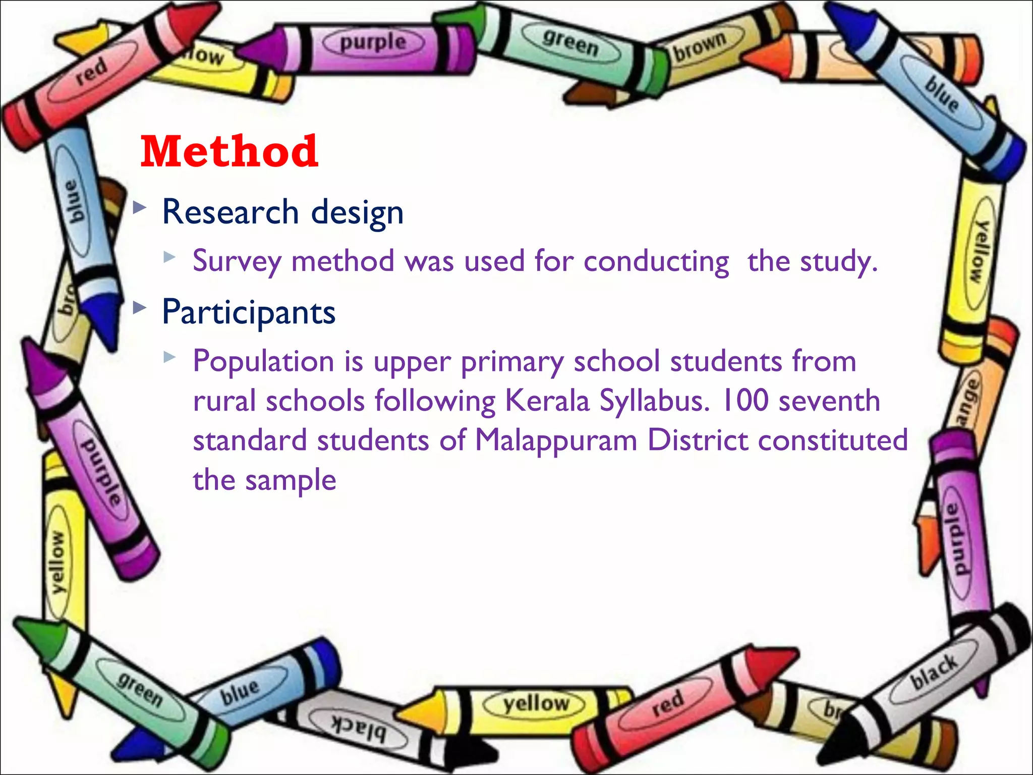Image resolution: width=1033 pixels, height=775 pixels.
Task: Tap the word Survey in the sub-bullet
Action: [237, 261]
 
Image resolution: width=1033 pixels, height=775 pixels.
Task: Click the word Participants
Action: [249, 312]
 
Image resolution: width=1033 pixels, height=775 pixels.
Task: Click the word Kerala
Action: [547, 401]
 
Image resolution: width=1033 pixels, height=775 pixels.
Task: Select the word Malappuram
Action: [556, 440]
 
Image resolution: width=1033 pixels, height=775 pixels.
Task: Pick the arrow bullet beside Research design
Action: [140, 207]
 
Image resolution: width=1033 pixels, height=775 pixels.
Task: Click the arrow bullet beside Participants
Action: [140, 308]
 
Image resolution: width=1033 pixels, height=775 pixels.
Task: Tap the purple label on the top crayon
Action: [373, 42]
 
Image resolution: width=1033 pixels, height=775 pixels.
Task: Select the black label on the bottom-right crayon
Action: [934, 672]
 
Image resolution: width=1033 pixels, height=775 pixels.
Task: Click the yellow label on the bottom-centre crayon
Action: [536, 703]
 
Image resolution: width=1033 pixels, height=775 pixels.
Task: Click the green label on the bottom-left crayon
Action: [140, 689]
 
